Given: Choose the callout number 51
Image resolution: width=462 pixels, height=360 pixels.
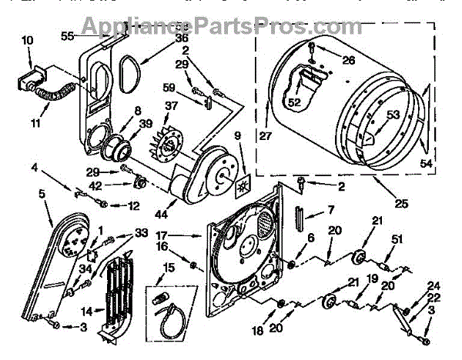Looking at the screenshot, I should (397, 240).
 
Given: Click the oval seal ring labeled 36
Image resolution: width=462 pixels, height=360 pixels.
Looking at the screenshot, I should (127, 62).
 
